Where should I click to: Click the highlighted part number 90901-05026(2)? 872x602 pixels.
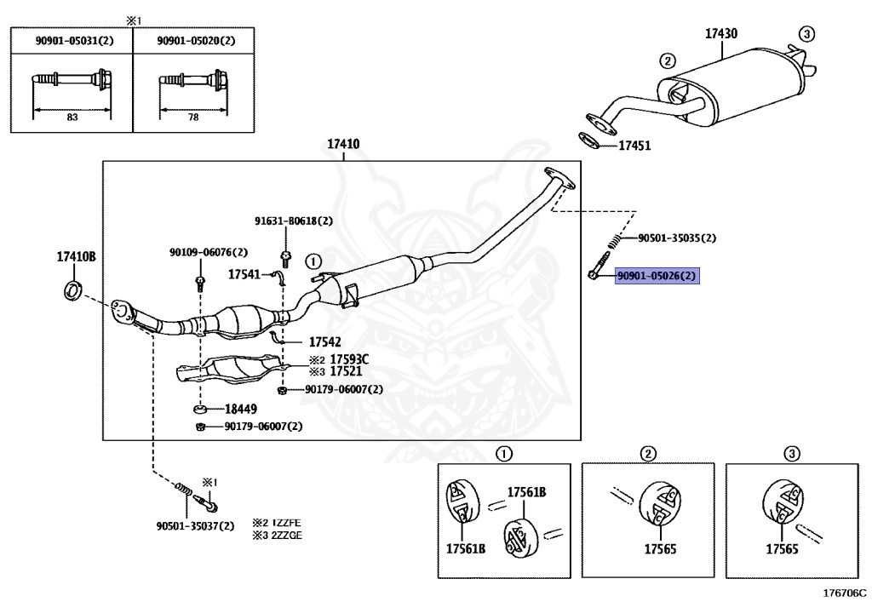(x=657, y=276)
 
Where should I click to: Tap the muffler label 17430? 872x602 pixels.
(x=721, y=34)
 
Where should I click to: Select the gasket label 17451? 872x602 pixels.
(x=634, y=146)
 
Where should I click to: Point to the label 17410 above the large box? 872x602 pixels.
(x=343, y=144)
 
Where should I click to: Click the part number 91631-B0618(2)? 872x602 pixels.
(x=294, y=221)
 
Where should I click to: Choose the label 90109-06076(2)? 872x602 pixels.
(x=209, y=252)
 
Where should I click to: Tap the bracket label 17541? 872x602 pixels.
(x=244, y=274)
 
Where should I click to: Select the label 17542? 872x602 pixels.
(x=324, y=341)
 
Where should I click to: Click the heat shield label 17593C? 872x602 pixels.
(x=349, y=359)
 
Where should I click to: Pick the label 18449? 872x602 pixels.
(x=241, y=409)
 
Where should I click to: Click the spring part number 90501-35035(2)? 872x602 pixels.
(x=677, y=238)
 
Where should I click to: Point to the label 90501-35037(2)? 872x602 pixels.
(x=195, y=526)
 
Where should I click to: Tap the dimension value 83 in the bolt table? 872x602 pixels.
(x=72, y=118)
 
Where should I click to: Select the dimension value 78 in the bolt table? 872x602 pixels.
(x=193, y=118)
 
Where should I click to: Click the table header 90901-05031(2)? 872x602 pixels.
(x=75, y=41)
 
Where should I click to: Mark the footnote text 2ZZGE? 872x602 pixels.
(x=285, y=536)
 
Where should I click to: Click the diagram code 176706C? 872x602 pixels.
(x=844, y=593)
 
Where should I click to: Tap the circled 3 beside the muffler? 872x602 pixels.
(x=806, y=34)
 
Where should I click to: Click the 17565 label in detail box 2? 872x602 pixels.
(x=660, y=549)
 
